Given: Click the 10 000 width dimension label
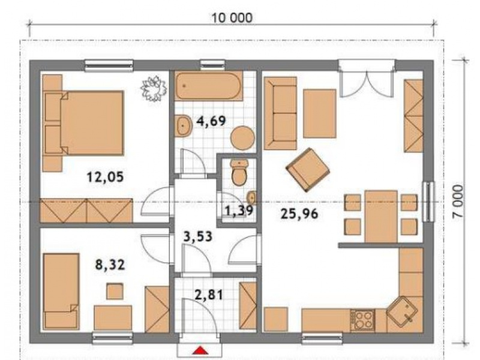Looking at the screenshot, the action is coord(232,18).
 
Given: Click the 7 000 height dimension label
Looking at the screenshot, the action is coord(458,201).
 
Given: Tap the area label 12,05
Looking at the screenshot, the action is coord(106,177).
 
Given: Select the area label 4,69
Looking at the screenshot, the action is coord(211,121).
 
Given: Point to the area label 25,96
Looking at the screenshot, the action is coord(299,214).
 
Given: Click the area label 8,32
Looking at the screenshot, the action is coord(110,265).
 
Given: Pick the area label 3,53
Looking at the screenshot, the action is coord(198,236).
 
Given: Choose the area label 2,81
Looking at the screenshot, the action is coord(209,295).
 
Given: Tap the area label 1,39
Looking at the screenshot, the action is coord(239,211).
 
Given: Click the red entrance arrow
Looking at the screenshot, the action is coord(200,350).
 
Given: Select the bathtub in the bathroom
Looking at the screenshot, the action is coord(208,86).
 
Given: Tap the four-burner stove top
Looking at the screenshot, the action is coord(363,320).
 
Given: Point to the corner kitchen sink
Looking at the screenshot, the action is coord(402,311).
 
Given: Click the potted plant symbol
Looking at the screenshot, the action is coord(154,88).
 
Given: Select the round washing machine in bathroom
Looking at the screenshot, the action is coord(242,138).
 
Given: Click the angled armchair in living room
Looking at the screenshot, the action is coord(308,170).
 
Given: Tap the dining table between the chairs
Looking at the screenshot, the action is coord(381,217).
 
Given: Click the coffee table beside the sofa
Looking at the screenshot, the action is coord(320,113).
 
